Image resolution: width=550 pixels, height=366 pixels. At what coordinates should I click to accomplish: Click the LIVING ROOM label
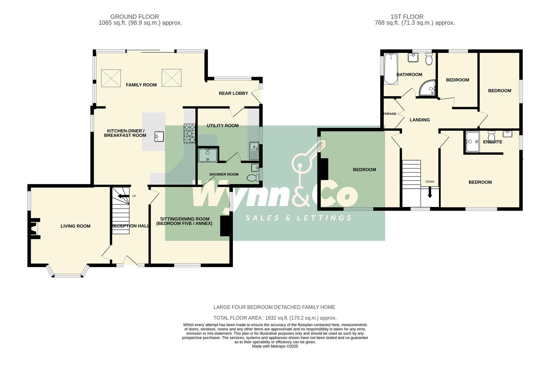76,226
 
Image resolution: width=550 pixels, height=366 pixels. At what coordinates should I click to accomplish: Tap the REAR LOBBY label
233,93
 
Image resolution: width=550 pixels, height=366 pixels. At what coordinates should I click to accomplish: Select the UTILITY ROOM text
223,125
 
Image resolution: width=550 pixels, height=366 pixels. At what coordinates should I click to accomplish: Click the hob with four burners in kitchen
190,134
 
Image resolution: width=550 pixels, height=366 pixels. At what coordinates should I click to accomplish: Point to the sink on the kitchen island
159,137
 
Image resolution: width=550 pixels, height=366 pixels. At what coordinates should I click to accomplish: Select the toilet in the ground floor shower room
253,178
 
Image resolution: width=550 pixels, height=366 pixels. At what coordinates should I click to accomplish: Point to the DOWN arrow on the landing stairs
430,193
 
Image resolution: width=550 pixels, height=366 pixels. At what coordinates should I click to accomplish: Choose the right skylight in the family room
172,78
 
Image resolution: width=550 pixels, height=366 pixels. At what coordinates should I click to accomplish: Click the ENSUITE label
492,142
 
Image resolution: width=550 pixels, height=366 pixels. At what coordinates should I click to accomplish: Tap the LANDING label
420,120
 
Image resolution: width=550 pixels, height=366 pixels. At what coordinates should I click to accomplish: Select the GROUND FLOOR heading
134,17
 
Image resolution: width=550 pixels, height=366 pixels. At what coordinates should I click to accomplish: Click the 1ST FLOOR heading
407,17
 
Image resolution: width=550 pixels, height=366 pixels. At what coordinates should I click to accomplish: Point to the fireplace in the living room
35,229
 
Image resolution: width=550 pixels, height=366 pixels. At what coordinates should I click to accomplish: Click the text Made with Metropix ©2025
275,346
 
